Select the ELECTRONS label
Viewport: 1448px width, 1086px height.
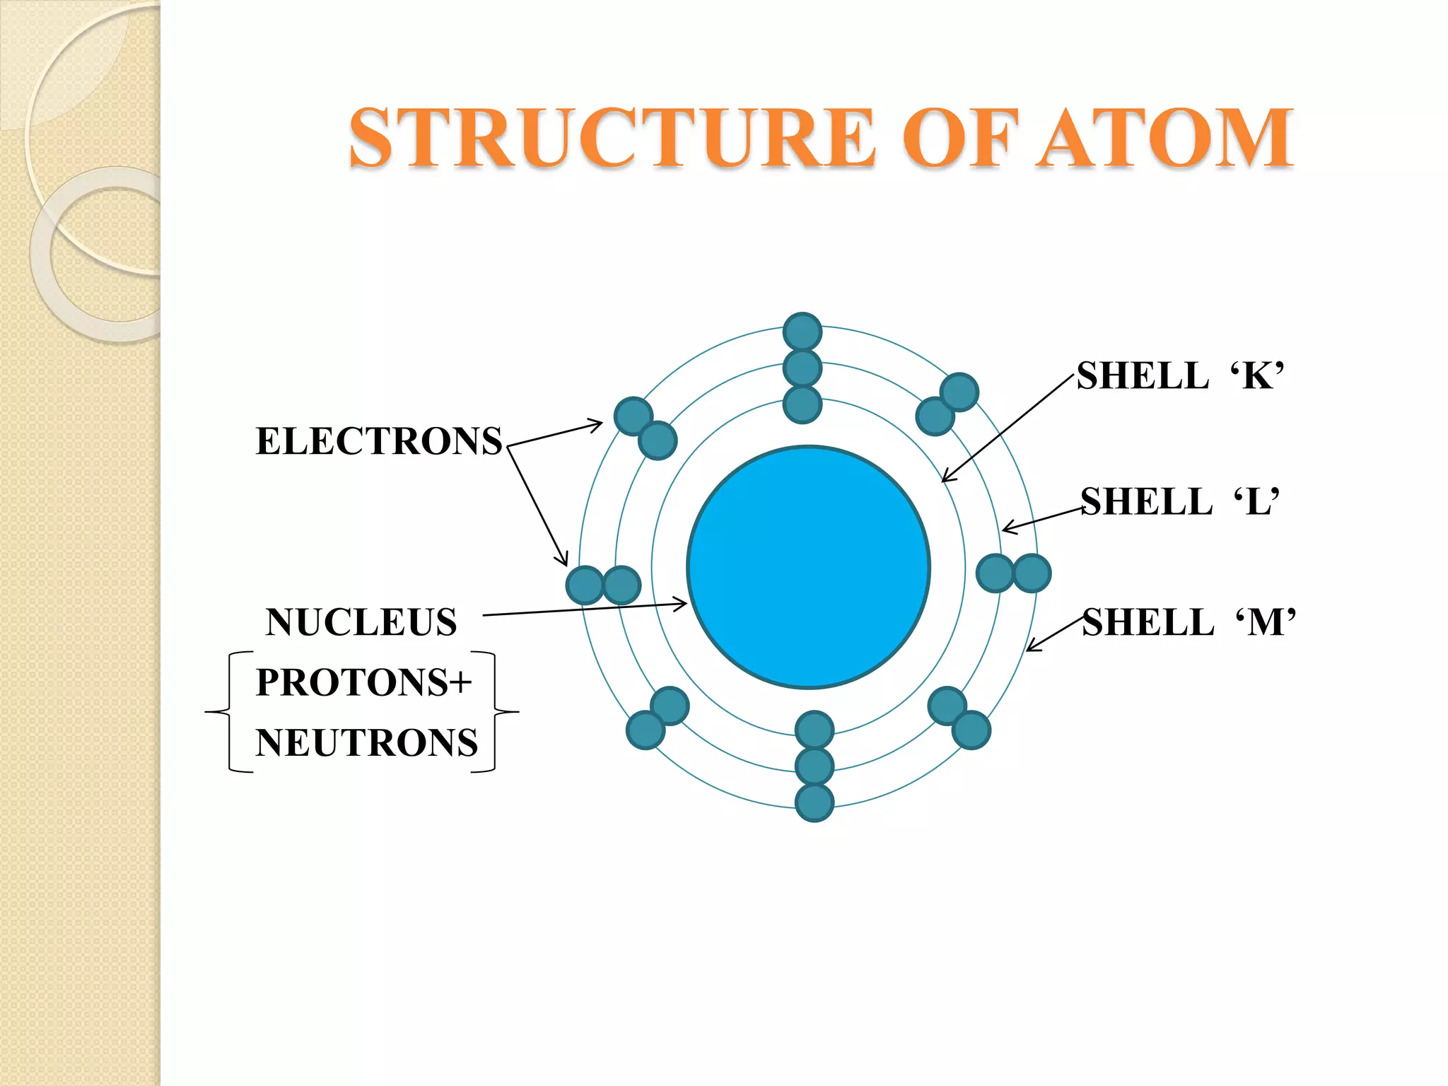coord(379,441)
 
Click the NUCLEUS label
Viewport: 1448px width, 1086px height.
coord(361,622)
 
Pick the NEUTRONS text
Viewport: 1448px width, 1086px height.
coord(367,743)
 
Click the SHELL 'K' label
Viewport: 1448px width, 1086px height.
coord(1179,375)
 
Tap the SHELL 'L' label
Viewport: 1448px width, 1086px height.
coord(1179,501)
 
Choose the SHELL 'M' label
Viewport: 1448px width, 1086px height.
coord(1189,622)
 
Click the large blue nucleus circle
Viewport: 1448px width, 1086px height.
coord(809,567)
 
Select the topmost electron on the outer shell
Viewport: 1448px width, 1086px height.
coord(802,332)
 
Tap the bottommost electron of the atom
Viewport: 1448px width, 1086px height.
coord(814,802)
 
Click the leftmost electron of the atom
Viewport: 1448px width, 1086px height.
coord(585,585)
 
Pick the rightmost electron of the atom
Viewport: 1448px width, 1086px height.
coord(1032,573)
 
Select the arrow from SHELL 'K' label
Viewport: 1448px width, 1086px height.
coord(1008,429)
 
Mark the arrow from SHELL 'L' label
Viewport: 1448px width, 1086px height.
coord(1043,519)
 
